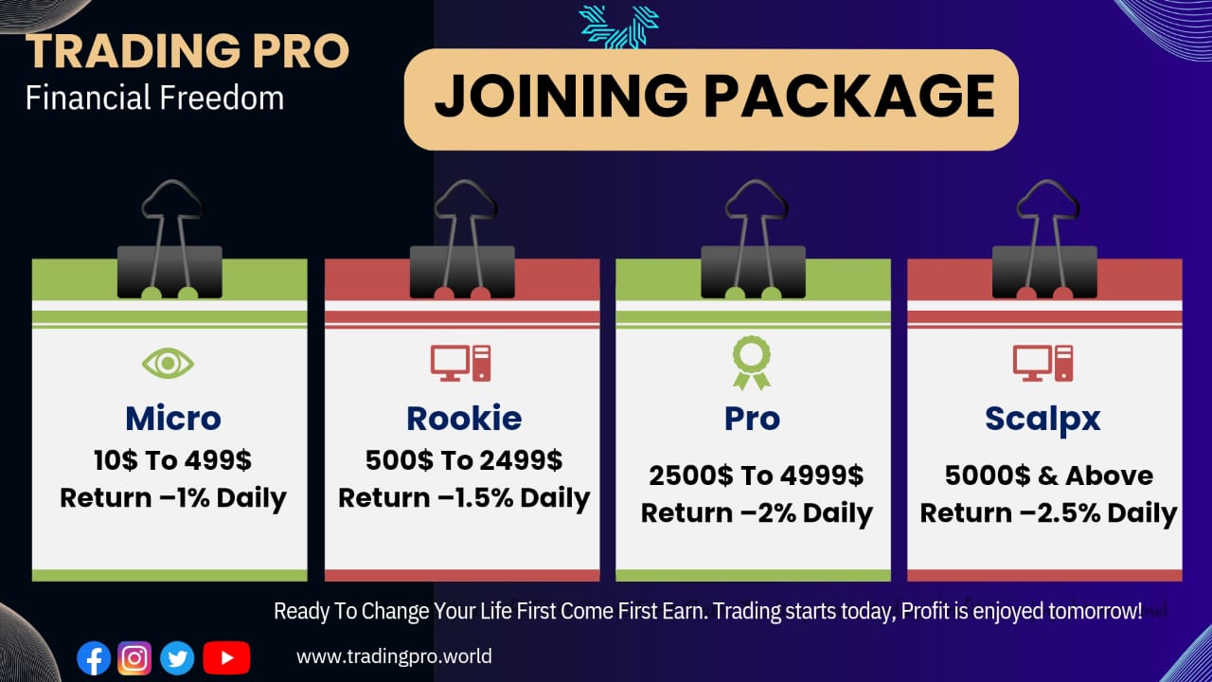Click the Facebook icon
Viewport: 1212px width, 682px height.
click(94, 658)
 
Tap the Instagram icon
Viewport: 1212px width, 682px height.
click(134, 658)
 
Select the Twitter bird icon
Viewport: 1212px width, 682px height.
click(177, 658)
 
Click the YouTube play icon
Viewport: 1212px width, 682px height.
click(226, 658)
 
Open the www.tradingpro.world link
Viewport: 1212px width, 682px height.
click(394, 656)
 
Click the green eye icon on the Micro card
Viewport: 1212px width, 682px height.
click(168, 363)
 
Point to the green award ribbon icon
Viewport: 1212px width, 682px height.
click(752, 363)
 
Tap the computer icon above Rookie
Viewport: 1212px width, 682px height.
click(460, 363)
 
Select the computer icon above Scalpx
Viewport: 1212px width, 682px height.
click(1043, 363)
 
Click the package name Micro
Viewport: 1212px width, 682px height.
click(173, 419)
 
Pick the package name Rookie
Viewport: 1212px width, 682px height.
click(464, 419)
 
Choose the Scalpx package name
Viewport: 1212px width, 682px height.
click(1043, 420)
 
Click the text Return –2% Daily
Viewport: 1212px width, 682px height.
click(757, 512)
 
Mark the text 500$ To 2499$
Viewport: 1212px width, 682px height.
click(464, 460)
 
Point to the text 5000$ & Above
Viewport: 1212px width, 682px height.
click(1048, 476)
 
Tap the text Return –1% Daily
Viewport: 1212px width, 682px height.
click(173, 497)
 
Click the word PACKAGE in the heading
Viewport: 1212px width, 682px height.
click(849, 96)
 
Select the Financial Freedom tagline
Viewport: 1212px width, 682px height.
click(154, 98)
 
